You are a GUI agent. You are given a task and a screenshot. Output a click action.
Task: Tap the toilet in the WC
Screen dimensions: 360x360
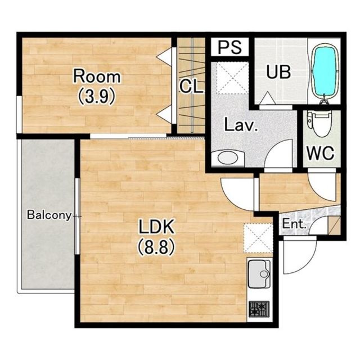pyautogui.click(x=320, y=123)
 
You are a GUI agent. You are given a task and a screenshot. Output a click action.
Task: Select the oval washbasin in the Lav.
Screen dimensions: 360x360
pyautogui.click(x=227, y=157)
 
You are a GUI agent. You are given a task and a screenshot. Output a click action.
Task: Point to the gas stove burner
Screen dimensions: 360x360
pyautogui.click(x=259, y=309)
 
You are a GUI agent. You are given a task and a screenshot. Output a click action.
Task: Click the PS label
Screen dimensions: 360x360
pyautogui.click(x=230, y=47)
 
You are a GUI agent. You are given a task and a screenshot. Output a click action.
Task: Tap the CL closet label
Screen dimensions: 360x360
pyautogui.click(x=191, y=86)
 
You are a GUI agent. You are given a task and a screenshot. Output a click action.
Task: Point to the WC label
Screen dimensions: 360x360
pyautogui.click(x=321, y=153)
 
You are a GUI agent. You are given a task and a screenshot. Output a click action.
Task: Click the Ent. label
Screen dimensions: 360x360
pyautogui.click(x=294, y=224)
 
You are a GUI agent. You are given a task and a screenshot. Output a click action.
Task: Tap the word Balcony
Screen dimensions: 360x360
pyautogui.click(x=49, y=215)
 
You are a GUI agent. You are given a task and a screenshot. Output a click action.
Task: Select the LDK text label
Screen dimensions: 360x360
pyautogui.click(x=157, y=227)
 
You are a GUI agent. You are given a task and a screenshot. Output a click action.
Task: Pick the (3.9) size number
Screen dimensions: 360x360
pyautogui.click(x=96, y=96)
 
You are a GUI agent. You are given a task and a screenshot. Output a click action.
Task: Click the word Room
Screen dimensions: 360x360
pyautogui.click(x=97, y=76)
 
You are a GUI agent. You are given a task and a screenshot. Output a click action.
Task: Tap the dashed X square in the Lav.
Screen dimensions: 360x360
pyautogui.click(x=232, y=78)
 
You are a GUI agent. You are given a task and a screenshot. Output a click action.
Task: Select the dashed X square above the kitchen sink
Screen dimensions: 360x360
pyautogui.click(x=258, y=238)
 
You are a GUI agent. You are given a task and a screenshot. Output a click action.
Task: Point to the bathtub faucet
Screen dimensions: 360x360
pyautogui.click(x=324, y=100)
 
